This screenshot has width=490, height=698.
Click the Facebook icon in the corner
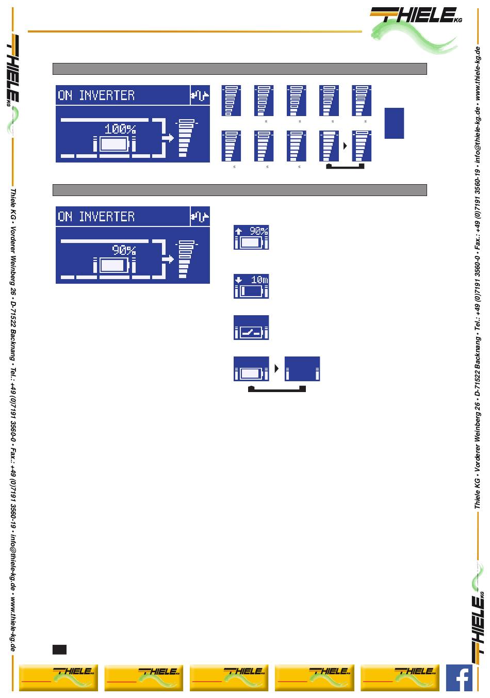[459, 678]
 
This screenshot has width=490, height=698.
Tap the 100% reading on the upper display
[120, 128]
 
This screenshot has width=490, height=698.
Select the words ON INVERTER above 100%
[96, 95]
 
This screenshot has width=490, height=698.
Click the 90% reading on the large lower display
[124, 250]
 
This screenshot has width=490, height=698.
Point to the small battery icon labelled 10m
[251, 286]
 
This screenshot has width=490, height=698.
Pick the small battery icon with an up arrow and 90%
[251, 237]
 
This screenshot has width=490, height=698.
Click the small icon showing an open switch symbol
[251, 328]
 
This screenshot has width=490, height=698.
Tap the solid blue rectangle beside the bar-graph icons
[394, 123]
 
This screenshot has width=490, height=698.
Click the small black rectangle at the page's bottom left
[59, 649]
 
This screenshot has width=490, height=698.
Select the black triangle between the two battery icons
[277, 369]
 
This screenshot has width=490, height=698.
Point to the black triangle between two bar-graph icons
[345, 146]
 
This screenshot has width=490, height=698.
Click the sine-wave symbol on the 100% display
[200, 95]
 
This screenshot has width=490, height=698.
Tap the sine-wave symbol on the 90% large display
[200, 217]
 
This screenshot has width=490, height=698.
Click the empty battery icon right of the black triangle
[302, 369]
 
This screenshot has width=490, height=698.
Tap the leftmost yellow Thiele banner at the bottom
[58, 678]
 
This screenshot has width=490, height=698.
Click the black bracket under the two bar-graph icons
[345, 167]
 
